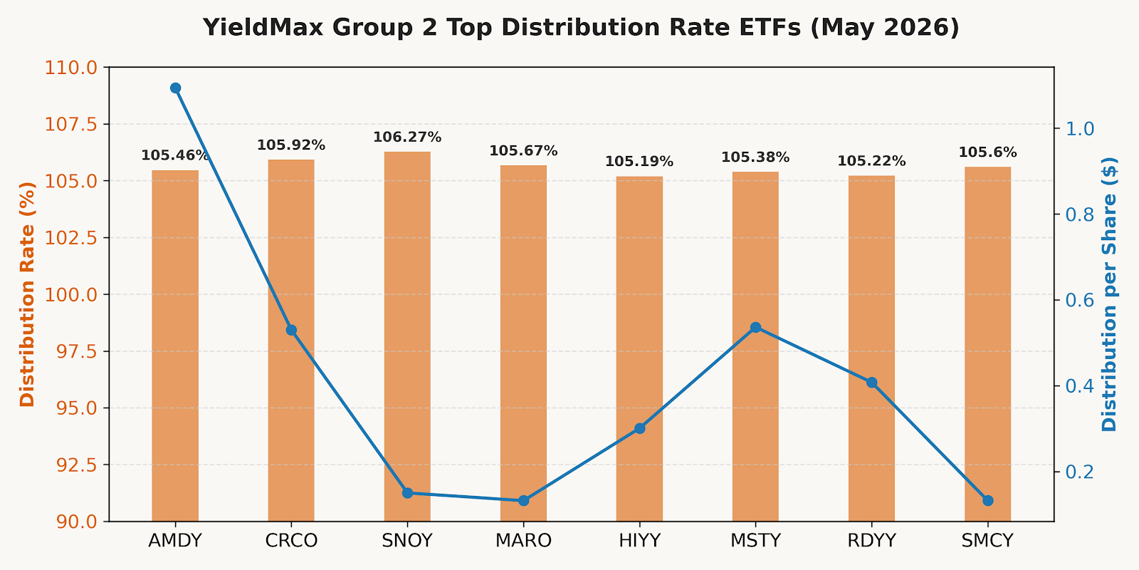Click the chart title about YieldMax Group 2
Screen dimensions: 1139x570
581,28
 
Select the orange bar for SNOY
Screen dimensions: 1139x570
407,336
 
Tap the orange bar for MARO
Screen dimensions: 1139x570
523,343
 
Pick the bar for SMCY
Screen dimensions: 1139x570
987,344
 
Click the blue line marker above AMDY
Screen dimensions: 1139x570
175,88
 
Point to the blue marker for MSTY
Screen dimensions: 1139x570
755,327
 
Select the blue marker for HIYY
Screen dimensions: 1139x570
640,428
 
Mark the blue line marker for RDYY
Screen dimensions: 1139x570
871,383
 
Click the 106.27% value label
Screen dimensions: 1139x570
407,138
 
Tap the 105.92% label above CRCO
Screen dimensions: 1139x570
291,145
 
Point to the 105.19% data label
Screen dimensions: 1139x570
639,161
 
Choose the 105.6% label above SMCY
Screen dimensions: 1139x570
987,152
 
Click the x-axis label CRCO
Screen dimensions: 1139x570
291,541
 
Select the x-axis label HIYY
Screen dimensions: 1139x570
640,541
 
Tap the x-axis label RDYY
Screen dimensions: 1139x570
871,541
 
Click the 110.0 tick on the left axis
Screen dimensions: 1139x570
71,68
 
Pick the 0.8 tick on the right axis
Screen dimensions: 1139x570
1079,214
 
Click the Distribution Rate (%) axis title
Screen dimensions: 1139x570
28,294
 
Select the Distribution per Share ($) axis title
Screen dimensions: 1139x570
1110,294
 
